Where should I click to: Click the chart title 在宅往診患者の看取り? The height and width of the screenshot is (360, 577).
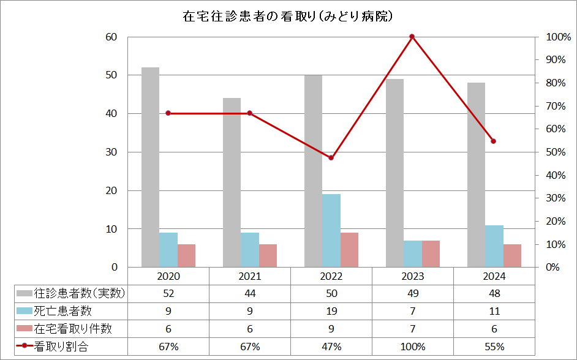tap(288, 17)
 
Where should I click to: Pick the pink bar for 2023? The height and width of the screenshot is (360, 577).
tap(431, 253)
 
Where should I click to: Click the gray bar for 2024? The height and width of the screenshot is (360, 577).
tap(476, 174)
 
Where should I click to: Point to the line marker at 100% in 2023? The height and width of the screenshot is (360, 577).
tap(412, 37)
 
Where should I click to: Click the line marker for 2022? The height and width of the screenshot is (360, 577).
tap(331, 158)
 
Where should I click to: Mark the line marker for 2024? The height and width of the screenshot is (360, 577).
tap(494, 141)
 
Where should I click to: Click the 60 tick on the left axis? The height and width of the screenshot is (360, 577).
tap(111, 37)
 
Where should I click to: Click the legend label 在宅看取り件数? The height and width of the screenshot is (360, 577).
tap(73, 329)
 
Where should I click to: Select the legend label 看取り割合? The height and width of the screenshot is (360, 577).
tap(62, 347)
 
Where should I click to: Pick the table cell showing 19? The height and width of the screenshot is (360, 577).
tap(331, 311)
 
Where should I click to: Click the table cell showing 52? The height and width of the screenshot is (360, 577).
tap(168, 293)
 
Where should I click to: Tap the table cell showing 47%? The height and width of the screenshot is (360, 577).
tap(331, 347)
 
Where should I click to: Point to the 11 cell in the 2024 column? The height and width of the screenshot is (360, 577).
tap(494, 311)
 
